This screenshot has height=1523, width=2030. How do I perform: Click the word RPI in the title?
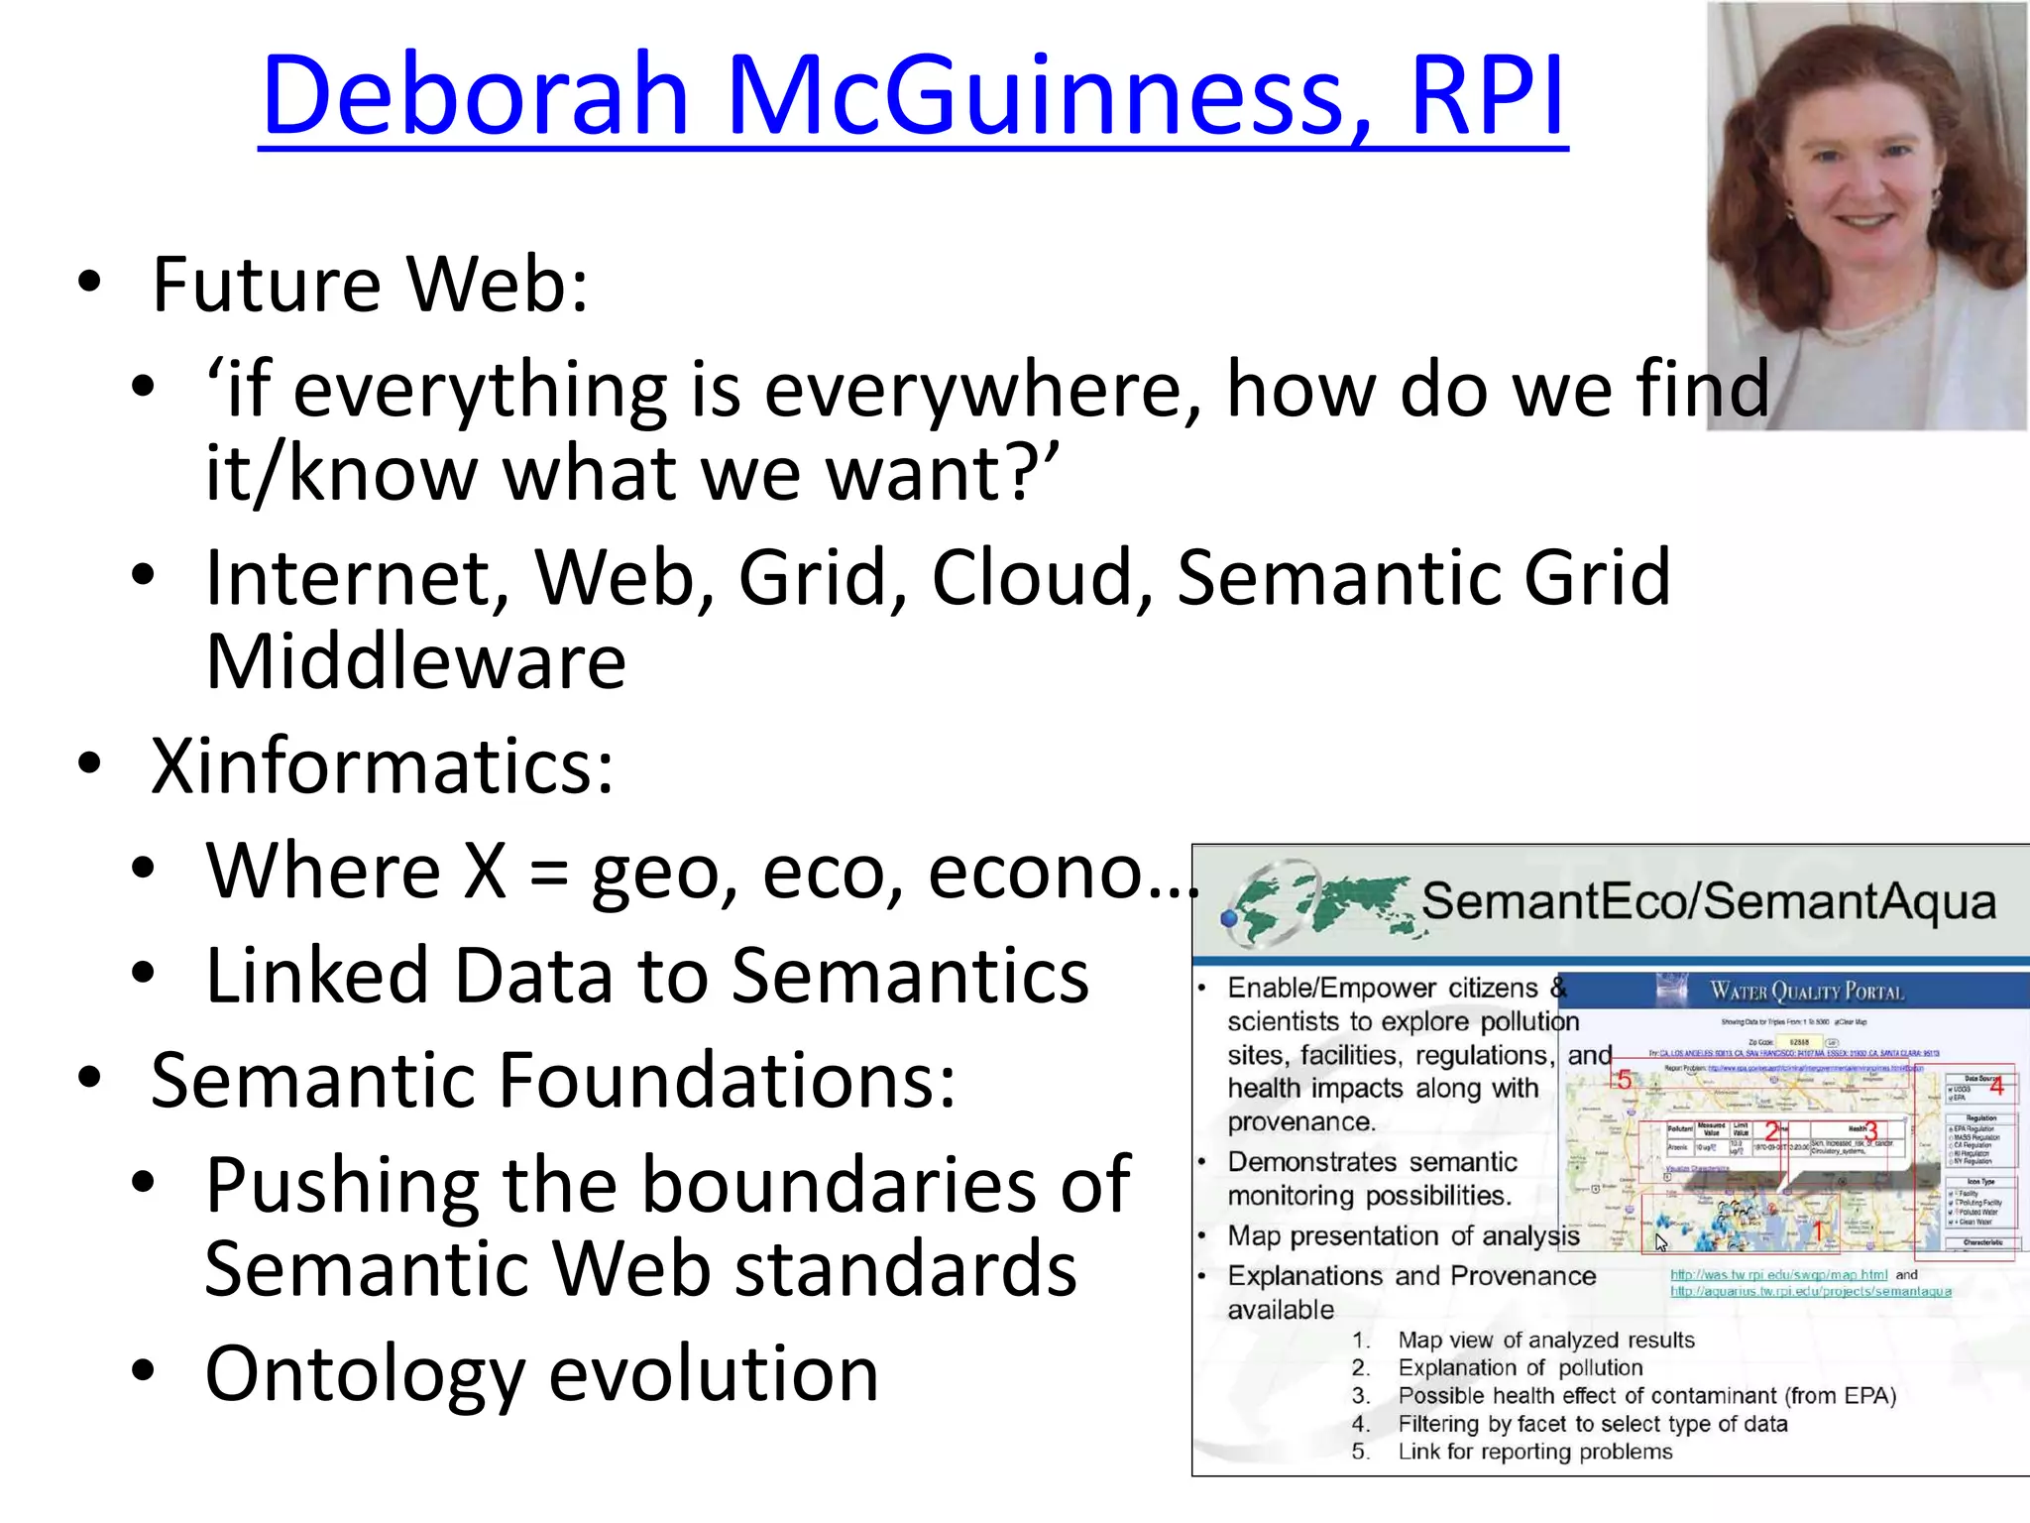(1487, 96)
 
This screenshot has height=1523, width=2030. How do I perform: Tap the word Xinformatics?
(382, 766)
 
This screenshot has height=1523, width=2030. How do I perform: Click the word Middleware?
(415, 662)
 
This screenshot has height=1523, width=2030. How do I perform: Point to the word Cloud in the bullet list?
(1041, 578)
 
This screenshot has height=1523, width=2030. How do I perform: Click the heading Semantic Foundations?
(553, 1081)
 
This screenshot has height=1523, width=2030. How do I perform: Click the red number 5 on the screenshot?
(1623, 1080)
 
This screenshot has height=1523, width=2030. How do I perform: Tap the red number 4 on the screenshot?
(1996, 1087)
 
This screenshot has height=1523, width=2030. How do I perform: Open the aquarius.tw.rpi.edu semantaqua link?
(1810, 1291)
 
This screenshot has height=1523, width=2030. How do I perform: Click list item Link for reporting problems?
(1534, 1452)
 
